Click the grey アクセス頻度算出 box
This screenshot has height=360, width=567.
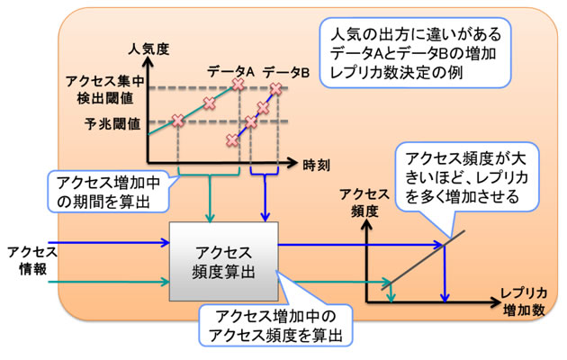tap(223, 257)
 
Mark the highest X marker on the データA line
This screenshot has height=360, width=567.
tap(238, 85)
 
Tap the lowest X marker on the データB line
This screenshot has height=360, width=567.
tap(232, 139)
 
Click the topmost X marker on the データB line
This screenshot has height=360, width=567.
tap(276, 88)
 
